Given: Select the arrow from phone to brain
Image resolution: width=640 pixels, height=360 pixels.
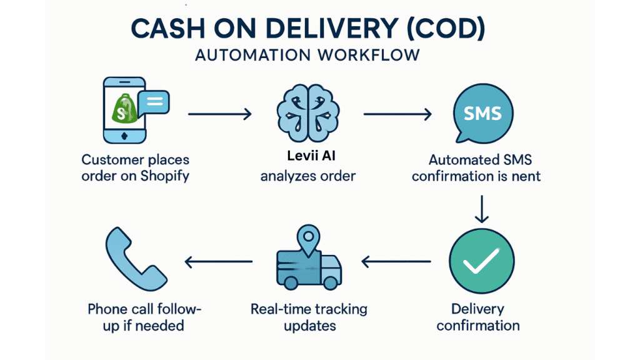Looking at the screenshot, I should pos(219,114).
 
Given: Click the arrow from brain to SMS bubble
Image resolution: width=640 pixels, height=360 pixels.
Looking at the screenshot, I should pos(397,114).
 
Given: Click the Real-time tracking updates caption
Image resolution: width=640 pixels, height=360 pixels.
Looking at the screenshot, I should pos(309,317).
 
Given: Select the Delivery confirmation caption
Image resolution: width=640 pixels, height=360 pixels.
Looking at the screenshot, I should pos(478,317).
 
